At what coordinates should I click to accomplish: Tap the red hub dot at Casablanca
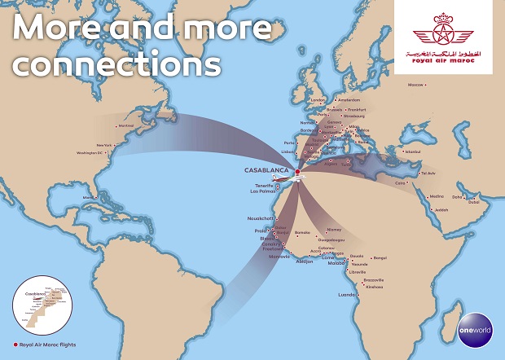(297, 172)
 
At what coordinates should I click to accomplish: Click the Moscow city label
(416, 85)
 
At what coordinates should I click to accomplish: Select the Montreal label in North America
(125, 125)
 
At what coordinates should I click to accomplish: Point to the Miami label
(87, 197)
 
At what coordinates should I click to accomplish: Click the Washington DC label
(90, 153)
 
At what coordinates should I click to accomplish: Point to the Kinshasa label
(374, 287)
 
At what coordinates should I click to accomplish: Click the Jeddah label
(440, 210)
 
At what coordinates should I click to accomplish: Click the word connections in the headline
(117, 62)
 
